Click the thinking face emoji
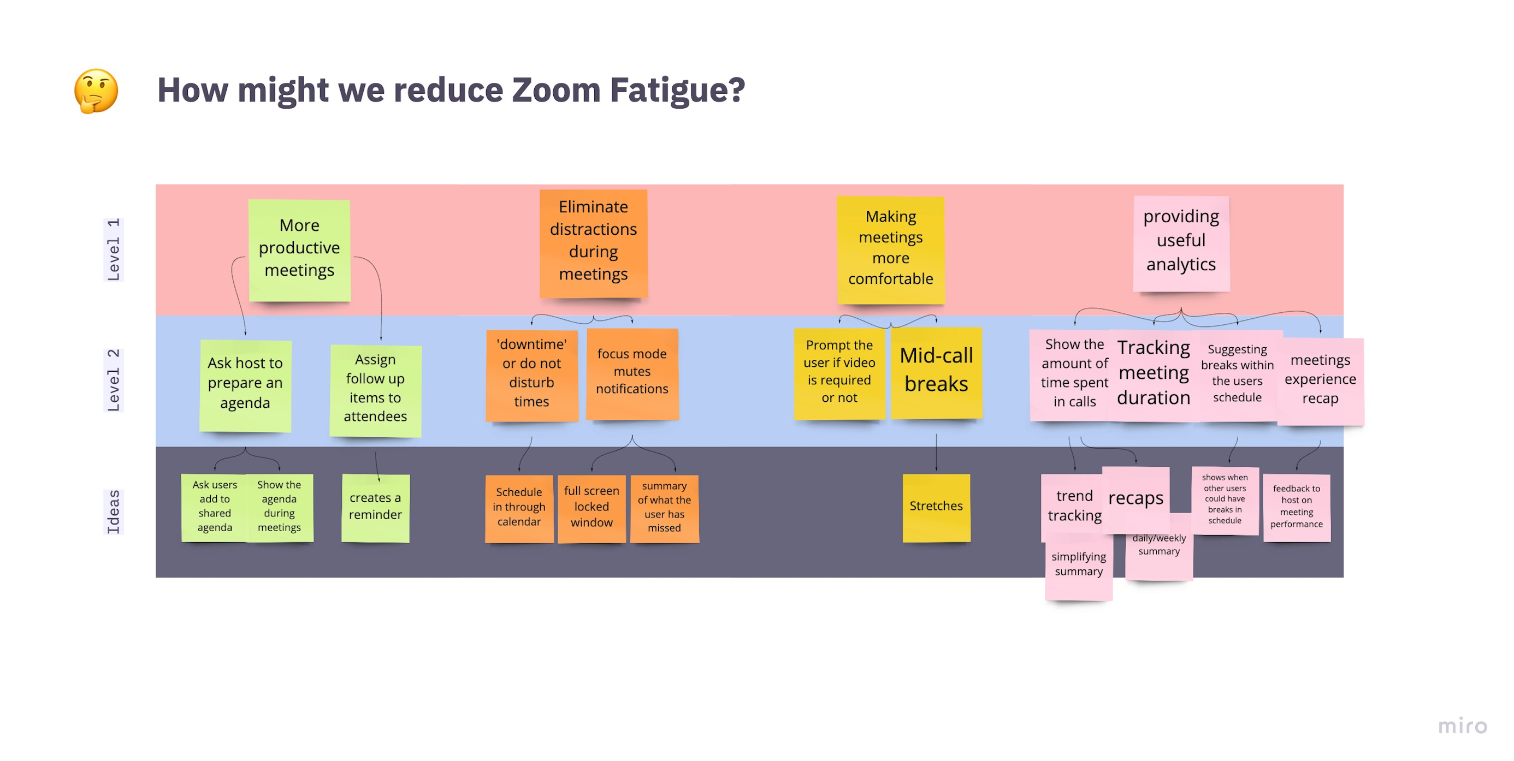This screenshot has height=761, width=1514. pyautogui.click(x=96, y=91)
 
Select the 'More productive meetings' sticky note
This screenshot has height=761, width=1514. pyautogui.click(x=299, y=249)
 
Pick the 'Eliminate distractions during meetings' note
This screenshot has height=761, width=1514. pyautogui.click(x=593, y=242)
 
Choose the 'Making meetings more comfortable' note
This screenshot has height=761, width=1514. pyautogui.click(x=890, y=249)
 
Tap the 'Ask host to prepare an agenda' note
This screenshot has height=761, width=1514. pyautogui.click(x=245, y=385)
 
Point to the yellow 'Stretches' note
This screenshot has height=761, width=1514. pyautogui.click(x=936, y=507)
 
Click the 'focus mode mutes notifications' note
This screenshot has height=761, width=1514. pyautogui.click(x=632, y=373)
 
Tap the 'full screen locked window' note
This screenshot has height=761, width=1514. pyautogui.click(x=592, y=508)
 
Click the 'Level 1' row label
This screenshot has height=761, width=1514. pyautogui.click(x=113, y=249)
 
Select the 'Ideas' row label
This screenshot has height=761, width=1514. pyautogui.click(x=113, y=512)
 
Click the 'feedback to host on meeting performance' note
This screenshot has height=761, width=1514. pyautogui.click(x=1296, y=507)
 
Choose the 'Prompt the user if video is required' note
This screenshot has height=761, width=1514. pyautogui.click(x=839, y=373)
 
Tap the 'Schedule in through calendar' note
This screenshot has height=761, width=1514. pyautogui.click(x=518, y=508)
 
